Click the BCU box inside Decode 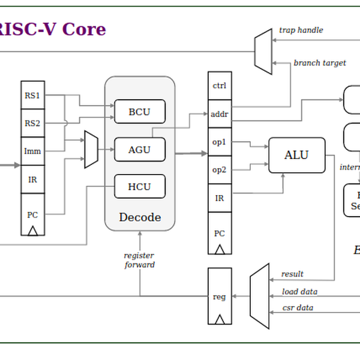pos(139,112)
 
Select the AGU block pos(139,149)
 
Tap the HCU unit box pos(139,187)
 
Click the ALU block pos(296,155)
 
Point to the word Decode pos(140,217)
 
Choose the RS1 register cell pos(32,95)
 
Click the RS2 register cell pos(32,124)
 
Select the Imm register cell pos(32,151)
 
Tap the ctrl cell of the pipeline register pos(220,85)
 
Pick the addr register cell pos(220,113)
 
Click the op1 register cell pos(220,142)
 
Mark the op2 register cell pos(220,170)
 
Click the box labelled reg pos(220,296)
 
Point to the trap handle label pos(301,30)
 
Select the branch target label pos(320,63)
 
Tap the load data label pos(300,292)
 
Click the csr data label pos(298,308)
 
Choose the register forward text pos(140,260)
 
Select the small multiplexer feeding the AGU pos(91,149)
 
